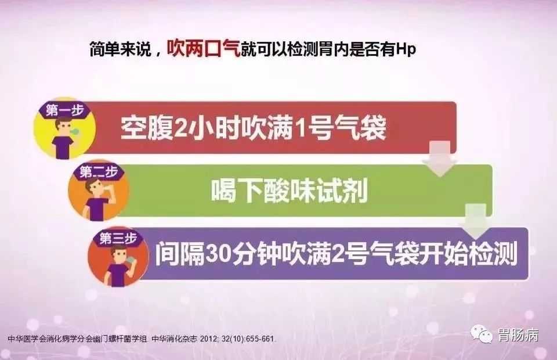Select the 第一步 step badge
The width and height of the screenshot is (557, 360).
[x=58, y=109]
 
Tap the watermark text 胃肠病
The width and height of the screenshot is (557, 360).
[x=518, y=335]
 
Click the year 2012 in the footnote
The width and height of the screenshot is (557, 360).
[x=208, y=339]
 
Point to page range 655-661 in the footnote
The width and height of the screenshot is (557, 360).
[x=259, y=339]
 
